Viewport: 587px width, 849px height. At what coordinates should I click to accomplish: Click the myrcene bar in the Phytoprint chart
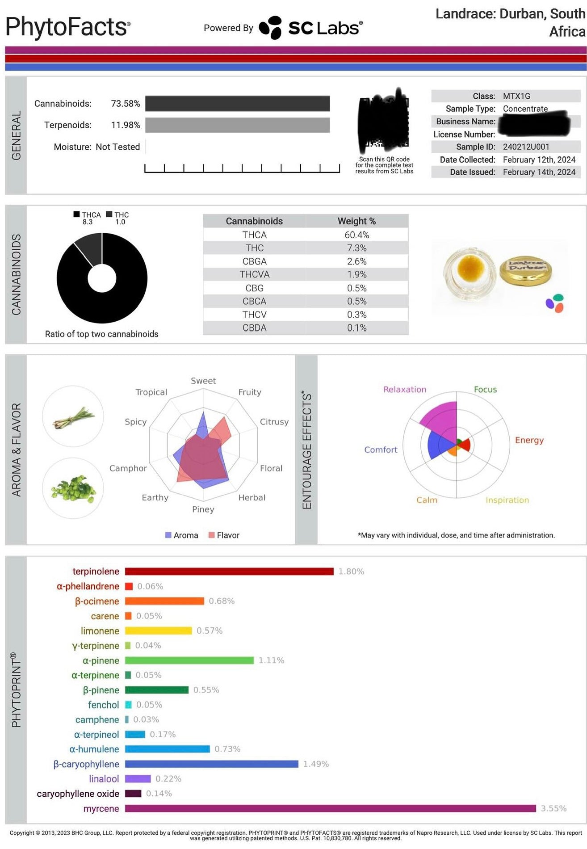coord(330,808)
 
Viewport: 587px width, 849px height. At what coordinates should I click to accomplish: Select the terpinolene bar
coord(229,572)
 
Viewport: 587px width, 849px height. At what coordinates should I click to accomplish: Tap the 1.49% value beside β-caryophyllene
coord(316,764)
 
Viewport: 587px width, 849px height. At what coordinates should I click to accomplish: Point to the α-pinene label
coord(101,660)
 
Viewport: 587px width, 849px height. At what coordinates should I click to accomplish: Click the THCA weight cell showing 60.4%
coord(356,235)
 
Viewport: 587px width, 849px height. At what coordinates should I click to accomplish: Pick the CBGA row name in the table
coord(254,261)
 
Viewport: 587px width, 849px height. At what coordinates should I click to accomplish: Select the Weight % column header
coord(356,221)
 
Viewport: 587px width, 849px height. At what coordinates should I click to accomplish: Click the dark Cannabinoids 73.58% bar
coord(237,104)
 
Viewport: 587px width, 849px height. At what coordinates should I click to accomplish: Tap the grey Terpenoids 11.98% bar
coord(237,125)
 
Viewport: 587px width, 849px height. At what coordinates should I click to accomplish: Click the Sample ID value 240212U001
coord(526,147)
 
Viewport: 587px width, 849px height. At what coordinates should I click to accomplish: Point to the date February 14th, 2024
coord(539,172)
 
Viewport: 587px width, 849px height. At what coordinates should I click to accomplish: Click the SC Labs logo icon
coord(271,28)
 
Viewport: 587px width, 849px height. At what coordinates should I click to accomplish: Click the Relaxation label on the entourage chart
coord(405,390)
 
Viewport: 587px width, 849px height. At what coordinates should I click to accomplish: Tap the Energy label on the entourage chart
coord(529,440)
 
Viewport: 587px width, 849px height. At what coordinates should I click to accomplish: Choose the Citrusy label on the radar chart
coord(274,422)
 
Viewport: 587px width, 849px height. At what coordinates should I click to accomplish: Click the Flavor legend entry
coord(224,535)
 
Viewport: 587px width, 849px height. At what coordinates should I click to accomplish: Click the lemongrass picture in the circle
coord(73,417)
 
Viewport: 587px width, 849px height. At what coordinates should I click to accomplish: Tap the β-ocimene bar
coord(164,601)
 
